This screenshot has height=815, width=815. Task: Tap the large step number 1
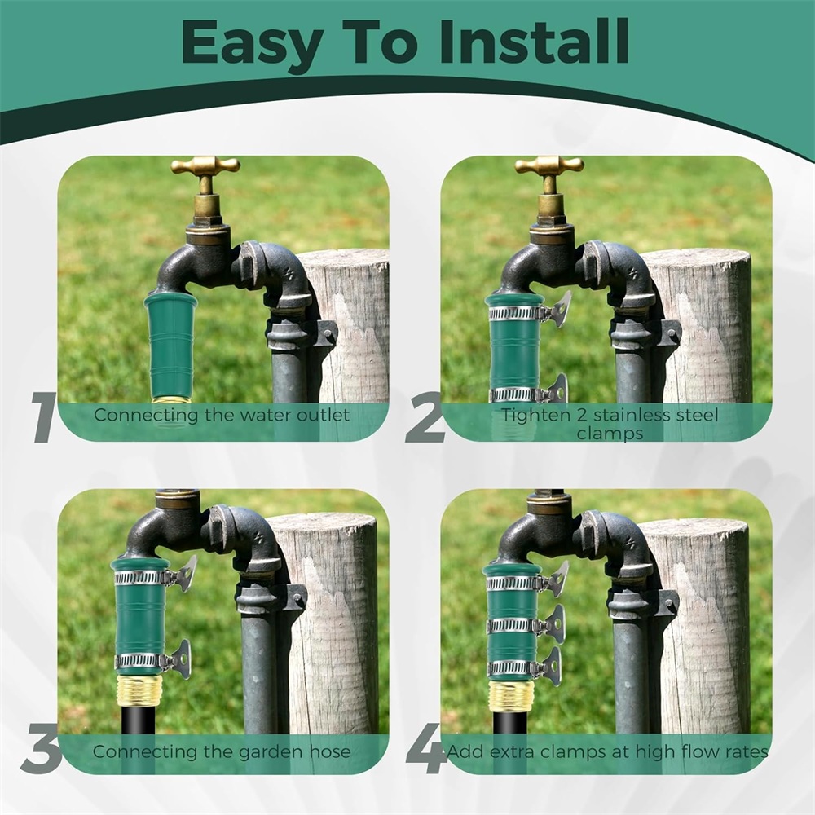[43, 417]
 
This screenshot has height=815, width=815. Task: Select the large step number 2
[425, 417]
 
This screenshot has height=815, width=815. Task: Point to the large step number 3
[42, 750]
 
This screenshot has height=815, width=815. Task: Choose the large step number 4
[426, 750]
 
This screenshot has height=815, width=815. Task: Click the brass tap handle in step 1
[205, 166]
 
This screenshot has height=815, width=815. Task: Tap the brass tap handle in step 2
[549, 166]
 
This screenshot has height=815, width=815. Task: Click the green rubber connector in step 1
[170, 347]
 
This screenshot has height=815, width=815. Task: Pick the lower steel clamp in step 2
[526, 393]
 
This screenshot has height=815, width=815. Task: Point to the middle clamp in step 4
[525, 625]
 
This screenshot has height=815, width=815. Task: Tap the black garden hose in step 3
[139, 720]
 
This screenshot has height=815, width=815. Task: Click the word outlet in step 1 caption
[323, 416]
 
